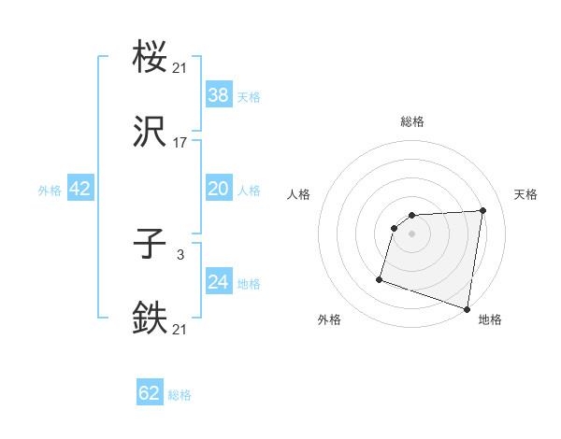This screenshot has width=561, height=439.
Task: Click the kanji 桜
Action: point(151,58)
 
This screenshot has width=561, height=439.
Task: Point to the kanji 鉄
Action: point(151,319)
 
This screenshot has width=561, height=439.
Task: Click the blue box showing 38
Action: point(219,94)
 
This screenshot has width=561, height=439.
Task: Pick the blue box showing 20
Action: point(219,189)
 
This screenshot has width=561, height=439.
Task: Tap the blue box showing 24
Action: point(219,282)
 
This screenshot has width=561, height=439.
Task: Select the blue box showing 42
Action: point(80,189)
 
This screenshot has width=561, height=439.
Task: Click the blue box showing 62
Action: point(150,393)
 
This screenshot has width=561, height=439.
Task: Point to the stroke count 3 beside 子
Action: point(180,254)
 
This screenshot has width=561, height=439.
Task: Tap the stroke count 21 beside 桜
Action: point(180,67)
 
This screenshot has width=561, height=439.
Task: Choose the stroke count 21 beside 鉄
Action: point(180,329)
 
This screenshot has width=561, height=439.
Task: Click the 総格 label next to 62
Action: point(180,395)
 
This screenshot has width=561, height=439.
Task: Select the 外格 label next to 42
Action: point(50,191)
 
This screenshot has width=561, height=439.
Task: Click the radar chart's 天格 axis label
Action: point(525,194)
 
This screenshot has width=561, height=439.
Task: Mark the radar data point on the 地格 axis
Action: point(467,308)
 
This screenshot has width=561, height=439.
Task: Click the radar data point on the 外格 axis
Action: point(380,278)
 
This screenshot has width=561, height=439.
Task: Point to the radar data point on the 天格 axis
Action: point(483,210)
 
